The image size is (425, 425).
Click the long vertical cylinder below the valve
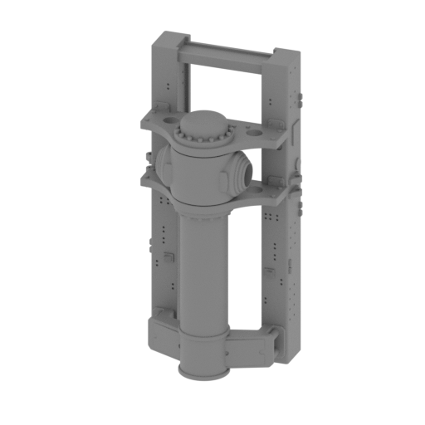(198, 266)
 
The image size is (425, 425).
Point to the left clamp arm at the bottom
(162, 319)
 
